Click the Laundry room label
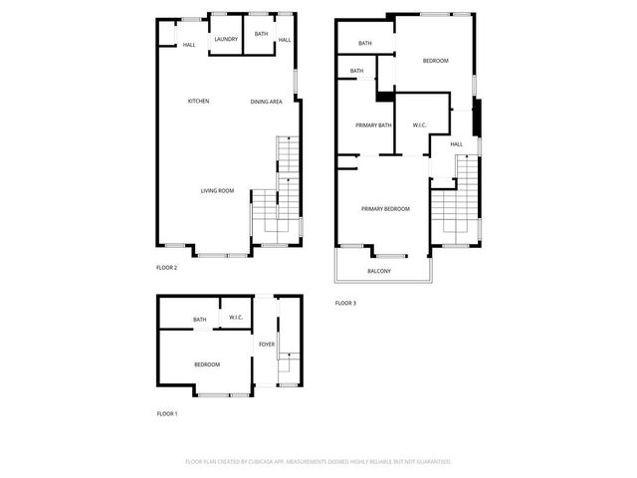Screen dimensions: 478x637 coord(224,40)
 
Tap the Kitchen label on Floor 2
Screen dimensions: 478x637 coord(198,101)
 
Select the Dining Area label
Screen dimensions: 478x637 coord(266,101)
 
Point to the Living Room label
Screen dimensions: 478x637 coord(217,190)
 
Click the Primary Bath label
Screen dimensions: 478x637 coord(374,124)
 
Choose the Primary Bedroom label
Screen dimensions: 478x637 coord(385,208)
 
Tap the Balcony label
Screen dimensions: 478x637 coord(378,271)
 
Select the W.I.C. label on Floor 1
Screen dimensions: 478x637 coord(236,318)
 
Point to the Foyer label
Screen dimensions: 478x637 coord(266,345)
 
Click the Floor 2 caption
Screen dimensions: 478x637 coord(166,267)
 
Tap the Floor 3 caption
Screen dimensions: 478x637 coord(344,302)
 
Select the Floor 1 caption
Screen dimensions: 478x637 coord(166,412)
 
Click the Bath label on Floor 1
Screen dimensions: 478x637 coord(200,320)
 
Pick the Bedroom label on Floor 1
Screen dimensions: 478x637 coord(207,364)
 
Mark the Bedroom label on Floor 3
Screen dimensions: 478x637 coord(435,61)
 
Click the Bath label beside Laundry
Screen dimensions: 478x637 coord(261,34)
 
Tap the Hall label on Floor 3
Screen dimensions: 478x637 coord(456,144)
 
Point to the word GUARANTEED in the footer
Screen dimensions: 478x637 coord(428,461)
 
